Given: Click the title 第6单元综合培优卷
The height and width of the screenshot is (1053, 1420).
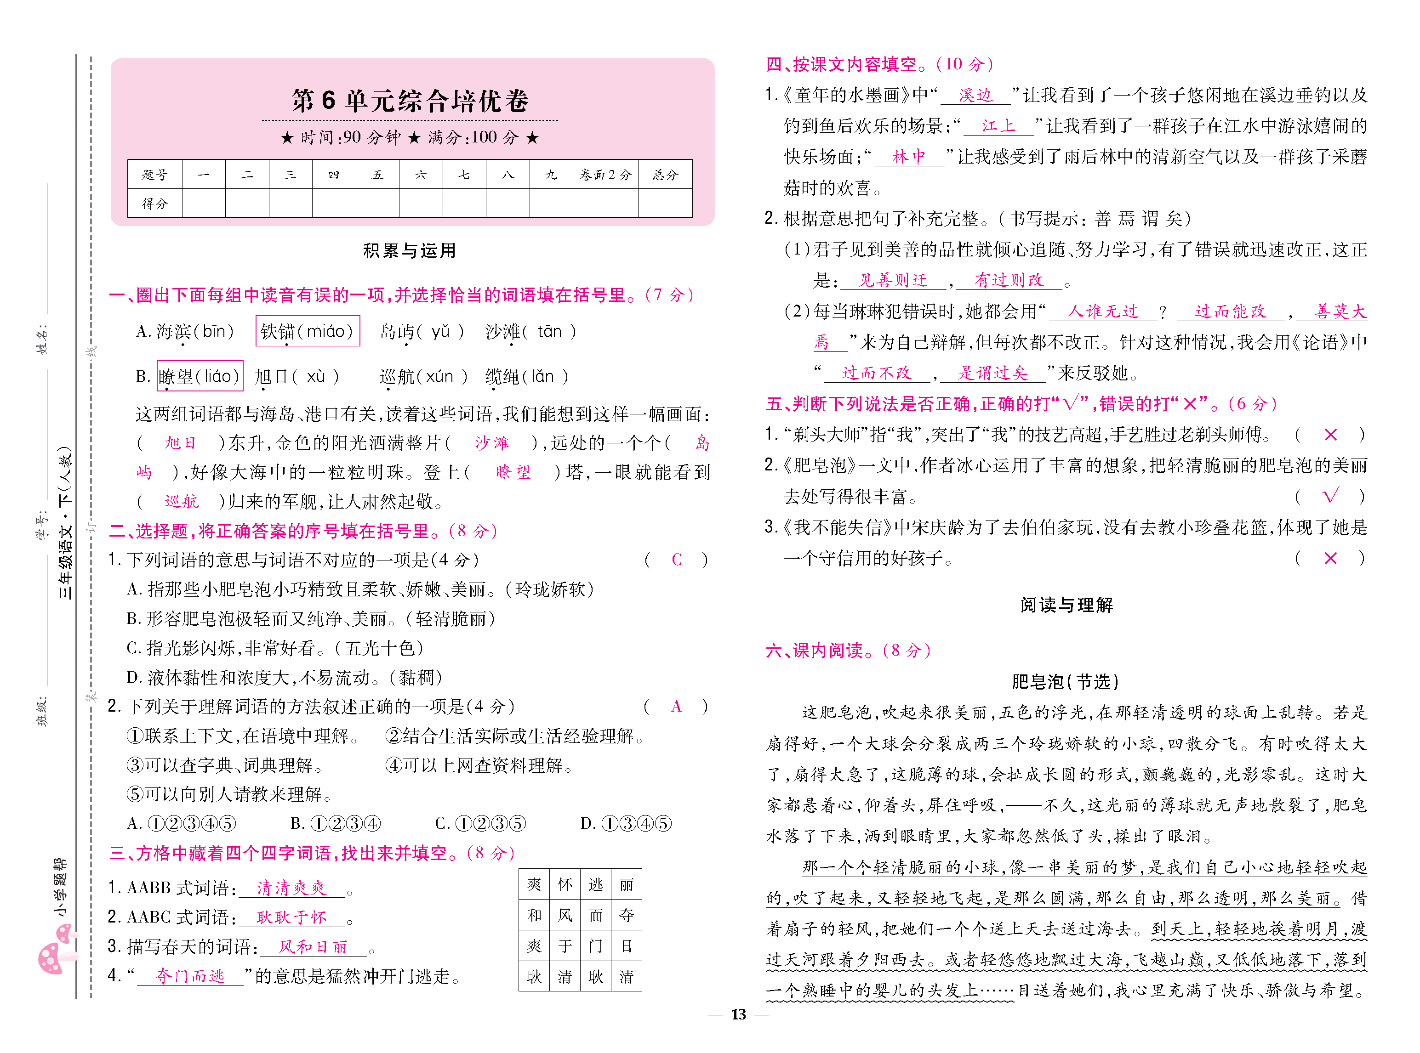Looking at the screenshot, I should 410,101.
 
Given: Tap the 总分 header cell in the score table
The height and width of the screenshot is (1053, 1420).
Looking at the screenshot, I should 665,175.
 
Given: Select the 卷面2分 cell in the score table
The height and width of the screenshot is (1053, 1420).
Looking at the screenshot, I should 605,175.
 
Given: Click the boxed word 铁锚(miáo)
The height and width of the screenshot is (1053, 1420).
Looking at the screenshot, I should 308,331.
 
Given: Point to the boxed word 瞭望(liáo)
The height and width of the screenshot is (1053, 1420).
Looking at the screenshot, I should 200,376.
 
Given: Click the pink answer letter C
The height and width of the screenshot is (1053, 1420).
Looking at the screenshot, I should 677,560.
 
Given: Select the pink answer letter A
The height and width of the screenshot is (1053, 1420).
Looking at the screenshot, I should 676,706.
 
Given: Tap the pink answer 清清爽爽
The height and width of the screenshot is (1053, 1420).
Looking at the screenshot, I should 291,888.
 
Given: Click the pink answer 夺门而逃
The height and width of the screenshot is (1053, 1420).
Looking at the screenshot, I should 190,976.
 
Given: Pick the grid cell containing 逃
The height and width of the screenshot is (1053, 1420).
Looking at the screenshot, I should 596,884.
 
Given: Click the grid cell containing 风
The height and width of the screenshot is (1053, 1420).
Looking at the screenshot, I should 565,915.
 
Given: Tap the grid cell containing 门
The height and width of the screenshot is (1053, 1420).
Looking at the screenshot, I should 596,946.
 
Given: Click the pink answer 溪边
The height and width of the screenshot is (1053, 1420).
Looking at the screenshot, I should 975,96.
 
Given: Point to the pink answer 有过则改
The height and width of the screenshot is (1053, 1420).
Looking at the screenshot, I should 1009,280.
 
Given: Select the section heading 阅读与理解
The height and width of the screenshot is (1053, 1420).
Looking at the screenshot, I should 1066,605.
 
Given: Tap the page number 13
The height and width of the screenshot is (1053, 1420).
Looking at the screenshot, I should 738,1014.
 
